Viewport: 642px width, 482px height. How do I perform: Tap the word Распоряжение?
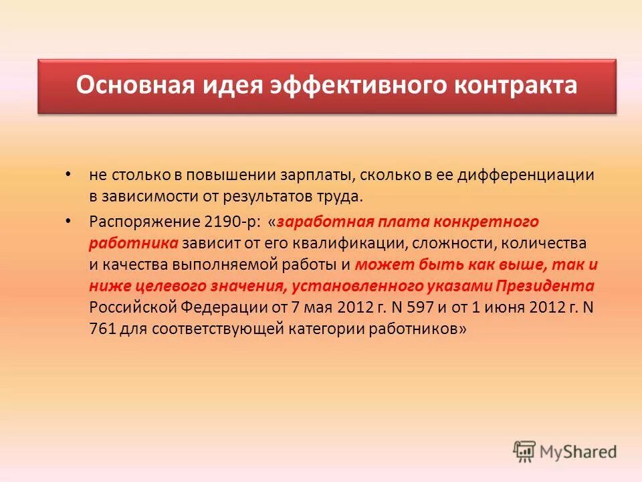click(x=139, y=220)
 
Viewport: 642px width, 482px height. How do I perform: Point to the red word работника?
click(x=134, y=242)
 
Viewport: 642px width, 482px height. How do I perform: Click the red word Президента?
click(x=544, y=286)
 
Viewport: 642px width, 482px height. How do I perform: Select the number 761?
click(x=101, y=329)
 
